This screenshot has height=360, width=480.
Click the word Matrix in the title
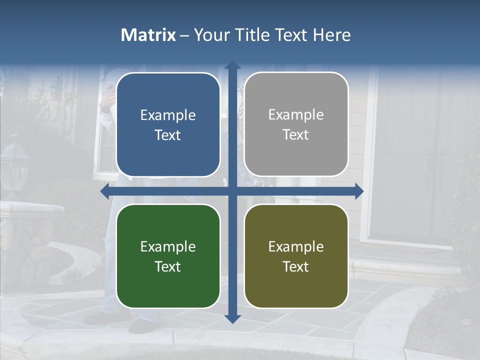point(148,35)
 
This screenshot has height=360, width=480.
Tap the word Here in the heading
point(331,35)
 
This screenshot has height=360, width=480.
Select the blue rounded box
point(168,125)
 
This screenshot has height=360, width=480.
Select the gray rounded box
point(296,124)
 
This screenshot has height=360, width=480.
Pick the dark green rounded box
point(168,256)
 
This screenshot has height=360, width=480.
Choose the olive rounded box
point(296,256)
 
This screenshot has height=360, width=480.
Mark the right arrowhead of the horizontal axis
point(359,191)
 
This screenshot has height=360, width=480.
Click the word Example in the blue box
point(168,115)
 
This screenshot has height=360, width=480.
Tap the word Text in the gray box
point(296,135)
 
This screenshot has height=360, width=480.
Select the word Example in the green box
point(168,246)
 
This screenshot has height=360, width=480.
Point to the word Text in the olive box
point(296,266)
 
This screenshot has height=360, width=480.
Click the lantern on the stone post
point(15,165)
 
